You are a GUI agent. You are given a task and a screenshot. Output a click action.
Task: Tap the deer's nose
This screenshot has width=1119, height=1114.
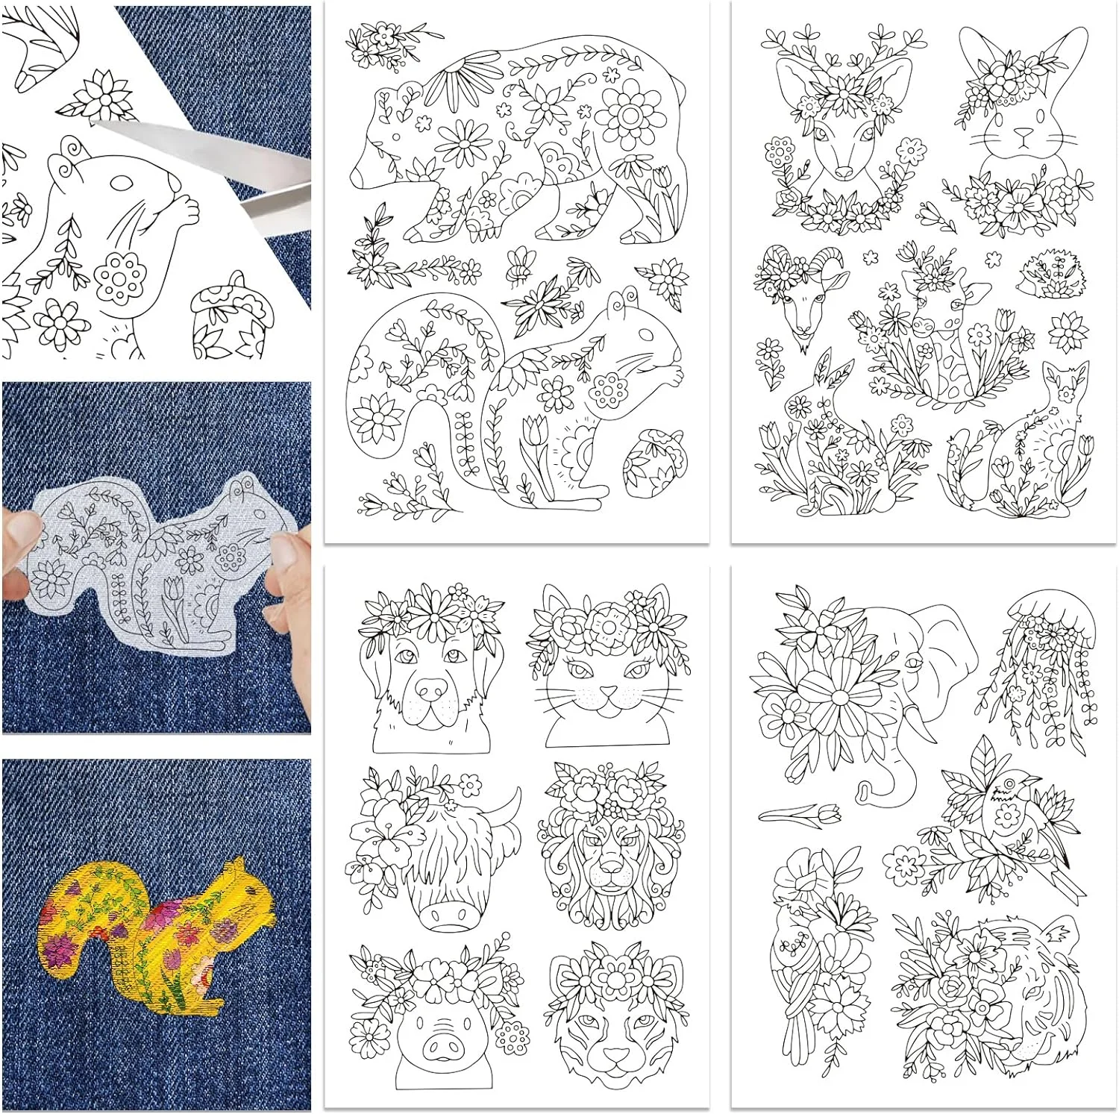843,171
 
